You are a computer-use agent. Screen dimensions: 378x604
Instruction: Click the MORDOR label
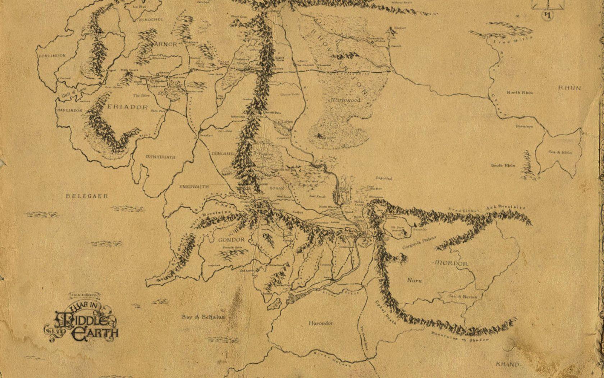[x=451, y=264]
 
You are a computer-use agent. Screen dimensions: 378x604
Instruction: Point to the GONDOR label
[x=231, y=240]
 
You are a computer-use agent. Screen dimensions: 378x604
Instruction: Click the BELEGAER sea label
[x=87, y=196]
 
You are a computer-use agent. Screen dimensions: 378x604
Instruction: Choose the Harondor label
[x=321, y=323]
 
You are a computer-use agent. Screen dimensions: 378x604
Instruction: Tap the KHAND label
[x=508, y=364]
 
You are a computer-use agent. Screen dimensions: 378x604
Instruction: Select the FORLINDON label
[x=52, y=56]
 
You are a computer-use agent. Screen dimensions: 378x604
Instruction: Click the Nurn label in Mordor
[x=415, y=280]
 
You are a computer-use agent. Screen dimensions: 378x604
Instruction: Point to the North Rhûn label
[x=520, y=93]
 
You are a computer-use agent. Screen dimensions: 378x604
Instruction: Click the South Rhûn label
[x=503, y=166]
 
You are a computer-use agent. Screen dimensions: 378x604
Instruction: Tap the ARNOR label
[x=167, y=44]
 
